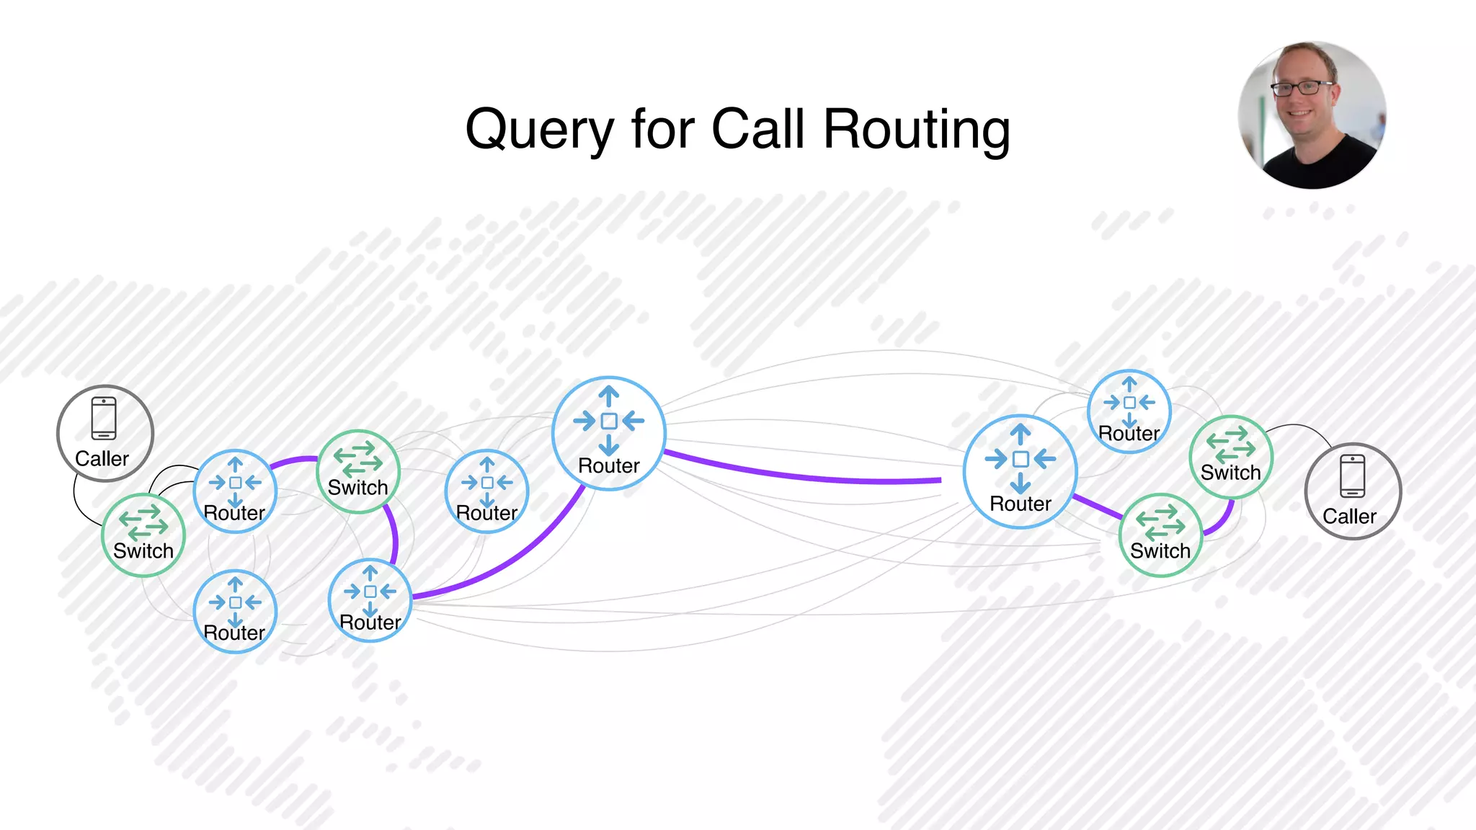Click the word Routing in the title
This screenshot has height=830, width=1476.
click(x=916, y=130)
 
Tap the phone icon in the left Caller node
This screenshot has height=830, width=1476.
click(x=104, y=418)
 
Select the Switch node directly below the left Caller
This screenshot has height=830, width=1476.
click(x=143, y=535)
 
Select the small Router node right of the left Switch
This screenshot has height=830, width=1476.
click(x=235, y=491)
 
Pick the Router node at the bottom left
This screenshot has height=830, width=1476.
click(x=235, y=611)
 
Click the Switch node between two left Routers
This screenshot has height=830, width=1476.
click(x=358, y=471)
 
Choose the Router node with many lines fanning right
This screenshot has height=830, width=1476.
click(x=370, y=600)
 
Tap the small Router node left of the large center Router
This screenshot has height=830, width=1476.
click(x=487, y=491)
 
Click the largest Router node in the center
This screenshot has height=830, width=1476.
click(x=609, y=433)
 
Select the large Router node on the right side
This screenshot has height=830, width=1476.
click(x=1021, y=471)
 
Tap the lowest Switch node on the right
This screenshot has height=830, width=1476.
click(x=1160, y=535)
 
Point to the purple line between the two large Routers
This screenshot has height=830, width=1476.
click(x=800, y=476)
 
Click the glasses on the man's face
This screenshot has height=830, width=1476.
click(x=1302, y=89)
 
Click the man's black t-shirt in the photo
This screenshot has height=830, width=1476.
click(x=1319, y=166)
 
